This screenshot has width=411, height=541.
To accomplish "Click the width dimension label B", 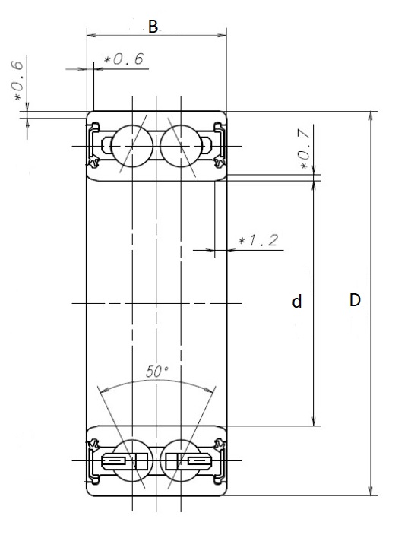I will [x=153, y=27].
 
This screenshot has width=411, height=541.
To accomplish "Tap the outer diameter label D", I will [x=354, y=300].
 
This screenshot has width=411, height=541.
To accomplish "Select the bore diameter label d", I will [x=298, y=302].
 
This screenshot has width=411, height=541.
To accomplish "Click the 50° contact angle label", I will [x=156, y=372].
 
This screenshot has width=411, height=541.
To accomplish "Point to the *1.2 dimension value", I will [x=257, y=242].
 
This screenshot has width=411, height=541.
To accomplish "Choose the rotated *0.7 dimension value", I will [x=304, y=150].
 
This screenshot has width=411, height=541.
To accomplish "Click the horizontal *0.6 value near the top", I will [x=124, y=59].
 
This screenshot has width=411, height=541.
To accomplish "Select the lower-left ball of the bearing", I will [x=132, y=460].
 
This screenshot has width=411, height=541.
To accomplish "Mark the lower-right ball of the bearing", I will [x=180, y=460].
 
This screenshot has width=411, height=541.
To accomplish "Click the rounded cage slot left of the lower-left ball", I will [x=113, y=461].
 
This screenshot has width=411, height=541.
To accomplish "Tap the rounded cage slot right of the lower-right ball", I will [x=198, y=461].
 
